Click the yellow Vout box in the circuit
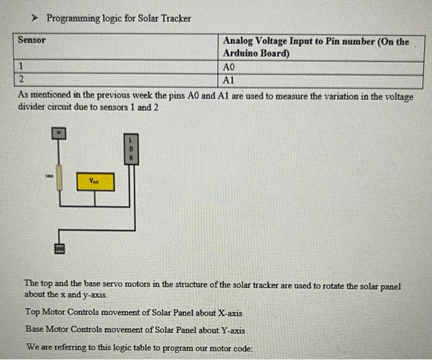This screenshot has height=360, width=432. [x=95, y=182]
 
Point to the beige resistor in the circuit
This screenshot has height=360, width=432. [x=60, y=178]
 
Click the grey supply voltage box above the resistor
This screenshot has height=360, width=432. [x=60, y=133]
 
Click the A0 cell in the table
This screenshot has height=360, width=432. [x=229, y=67]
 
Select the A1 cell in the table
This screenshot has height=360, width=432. [x=229, y=80]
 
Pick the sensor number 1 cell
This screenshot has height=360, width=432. [x=21, y=67]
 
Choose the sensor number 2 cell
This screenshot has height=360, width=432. [x=21, y=80]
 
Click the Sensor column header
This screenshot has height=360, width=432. [x=31, y=40]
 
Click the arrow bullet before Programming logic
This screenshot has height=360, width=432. [x=36, y=18]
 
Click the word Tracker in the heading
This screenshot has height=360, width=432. [x=176, y=18]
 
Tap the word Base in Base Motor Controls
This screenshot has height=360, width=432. [x=36, y=330]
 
